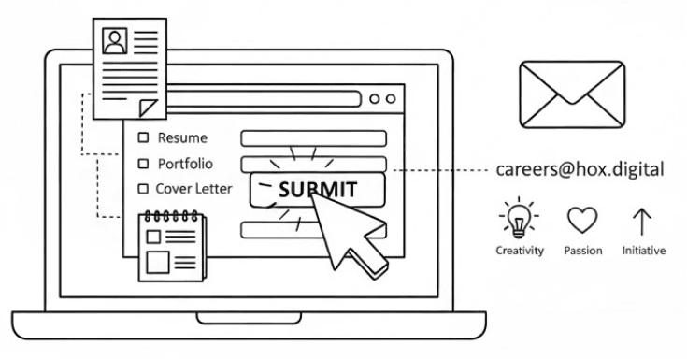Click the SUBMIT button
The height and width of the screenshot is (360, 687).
(318, 188)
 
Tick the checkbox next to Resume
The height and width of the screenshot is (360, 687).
(143, 138)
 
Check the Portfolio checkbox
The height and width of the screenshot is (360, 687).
(143, 164)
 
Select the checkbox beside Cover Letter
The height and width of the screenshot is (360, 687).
(143, 189)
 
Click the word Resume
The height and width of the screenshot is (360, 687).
(182, 138)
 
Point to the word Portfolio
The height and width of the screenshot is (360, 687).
(185, 164)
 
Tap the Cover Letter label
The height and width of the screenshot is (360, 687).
(193, 189)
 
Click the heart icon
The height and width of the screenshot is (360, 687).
(582, 220)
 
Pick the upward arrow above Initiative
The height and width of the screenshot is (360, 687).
(643, 220)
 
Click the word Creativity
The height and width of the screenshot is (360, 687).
(519, 251)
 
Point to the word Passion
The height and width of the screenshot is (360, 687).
(582, 251)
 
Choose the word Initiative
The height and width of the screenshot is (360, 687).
(643, 251)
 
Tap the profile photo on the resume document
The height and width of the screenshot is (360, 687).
(115, 40)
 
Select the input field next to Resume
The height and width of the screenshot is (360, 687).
(313, 138)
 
